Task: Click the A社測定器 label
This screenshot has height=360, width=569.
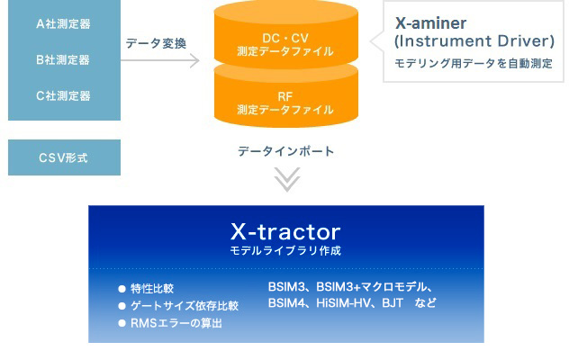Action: (x=63, y=24)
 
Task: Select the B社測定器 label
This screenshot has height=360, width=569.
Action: (x=63, y=60)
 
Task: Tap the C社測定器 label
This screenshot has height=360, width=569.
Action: (x=63, y=95)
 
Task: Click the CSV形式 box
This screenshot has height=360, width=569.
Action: (x=64, y=157)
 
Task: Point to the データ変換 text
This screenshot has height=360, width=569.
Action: (x=156, y=43)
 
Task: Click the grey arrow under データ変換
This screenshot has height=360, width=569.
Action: (x=160, y=60)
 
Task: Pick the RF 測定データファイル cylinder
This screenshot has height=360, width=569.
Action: (x=286, y=98)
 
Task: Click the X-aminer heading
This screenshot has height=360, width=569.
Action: (x=430, y=23)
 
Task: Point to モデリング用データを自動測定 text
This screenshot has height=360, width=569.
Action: (x=474, y=64)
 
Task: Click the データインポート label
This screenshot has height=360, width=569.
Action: (x=286, y=151)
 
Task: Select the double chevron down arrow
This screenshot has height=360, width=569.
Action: (x=287, y=179)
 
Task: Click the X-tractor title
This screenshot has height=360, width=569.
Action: (x=285, y=231)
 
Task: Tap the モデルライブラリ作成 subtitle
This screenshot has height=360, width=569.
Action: (x=285, y=251)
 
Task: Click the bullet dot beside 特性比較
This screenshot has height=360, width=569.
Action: (x=122, y=289)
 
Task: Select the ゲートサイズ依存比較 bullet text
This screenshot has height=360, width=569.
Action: (x=185, y=306)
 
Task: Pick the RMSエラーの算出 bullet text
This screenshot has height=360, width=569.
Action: (x=176, y=323)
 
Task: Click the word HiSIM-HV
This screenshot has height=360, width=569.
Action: (x=344, y=303)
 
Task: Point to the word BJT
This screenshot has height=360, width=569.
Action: (x=393, y=303)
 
